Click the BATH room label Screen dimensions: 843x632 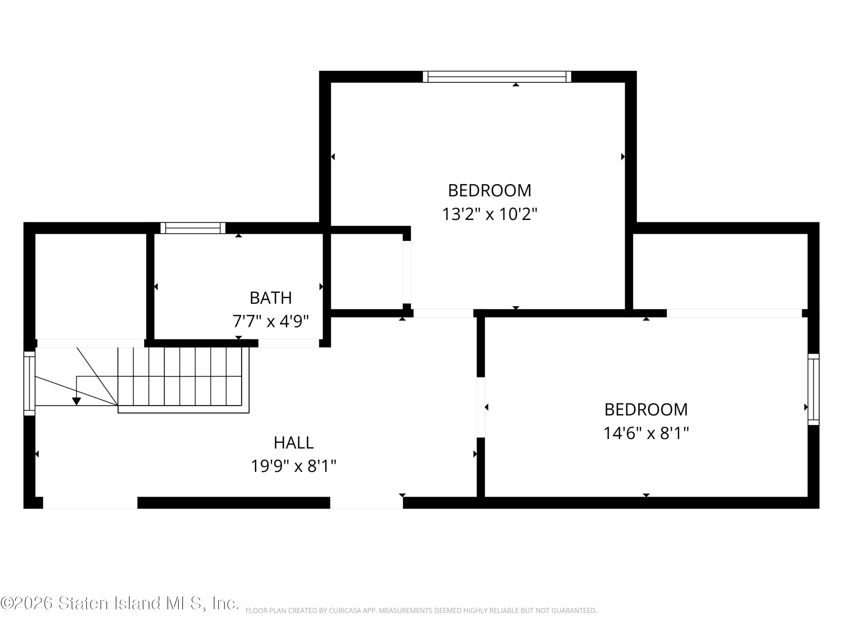point(271,298)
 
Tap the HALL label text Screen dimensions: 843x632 point(293,443)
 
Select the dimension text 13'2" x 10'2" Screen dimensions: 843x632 point(490,214)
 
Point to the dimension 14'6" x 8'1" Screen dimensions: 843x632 point(646,433)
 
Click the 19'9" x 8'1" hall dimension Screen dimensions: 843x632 point(293,466)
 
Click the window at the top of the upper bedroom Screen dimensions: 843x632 point(497,77)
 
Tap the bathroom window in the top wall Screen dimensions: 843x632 point(193,228)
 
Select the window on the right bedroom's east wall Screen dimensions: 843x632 point(814,389)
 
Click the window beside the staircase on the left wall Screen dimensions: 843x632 point(29,383)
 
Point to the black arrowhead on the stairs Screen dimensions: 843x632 point(77,401)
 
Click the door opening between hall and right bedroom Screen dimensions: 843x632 point(481,407)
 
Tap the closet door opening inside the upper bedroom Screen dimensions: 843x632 point(407,272)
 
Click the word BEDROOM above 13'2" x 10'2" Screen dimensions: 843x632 point(490,191)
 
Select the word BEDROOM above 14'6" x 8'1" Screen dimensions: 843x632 point(646,409)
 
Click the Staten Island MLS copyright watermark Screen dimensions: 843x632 point(120,603)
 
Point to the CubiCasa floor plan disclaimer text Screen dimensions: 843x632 point(421,611)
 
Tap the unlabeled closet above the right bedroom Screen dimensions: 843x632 point(720,271)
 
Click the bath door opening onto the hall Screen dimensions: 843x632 point(288,343)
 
